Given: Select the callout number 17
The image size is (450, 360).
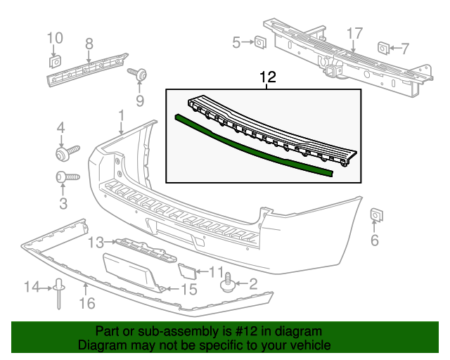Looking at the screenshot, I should (354, 33).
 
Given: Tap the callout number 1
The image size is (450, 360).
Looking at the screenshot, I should (121, 115).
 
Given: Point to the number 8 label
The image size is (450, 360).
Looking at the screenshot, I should (89, 44).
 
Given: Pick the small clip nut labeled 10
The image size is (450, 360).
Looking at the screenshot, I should (54, 60).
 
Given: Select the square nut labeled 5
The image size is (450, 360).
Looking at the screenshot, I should (259, 43).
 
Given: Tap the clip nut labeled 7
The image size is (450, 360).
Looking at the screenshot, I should (384, 48).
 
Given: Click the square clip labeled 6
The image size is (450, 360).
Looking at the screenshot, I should (375, 214).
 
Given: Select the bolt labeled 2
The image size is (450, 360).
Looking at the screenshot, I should (226, 284).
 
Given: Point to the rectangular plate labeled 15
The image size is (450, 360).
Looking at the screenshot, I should (133, 271).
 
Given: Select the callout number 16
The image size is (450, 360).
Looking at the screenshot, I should (86, 304).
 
